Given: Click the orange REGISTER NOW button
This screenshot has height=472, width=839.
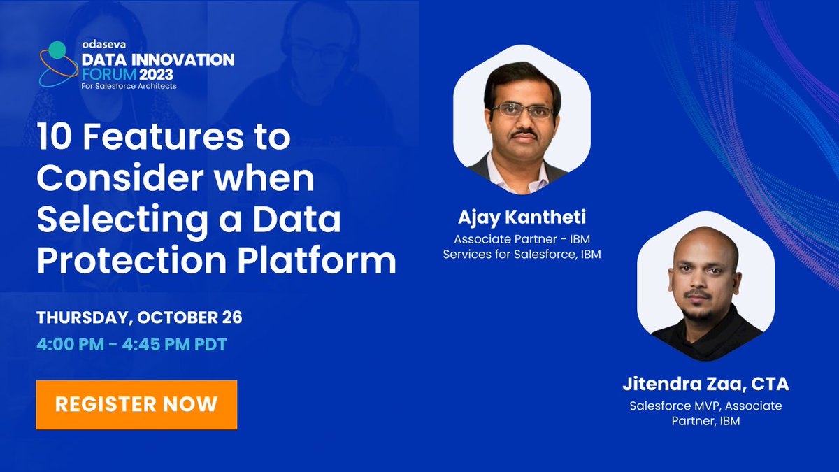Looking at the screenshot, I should pos(136,404).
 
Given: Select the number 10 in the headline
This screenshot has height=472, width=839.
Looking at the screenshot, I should pos(53,137).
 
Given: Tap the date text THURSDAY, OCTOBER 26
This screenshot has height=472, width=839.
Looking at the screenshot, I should pos(139,317).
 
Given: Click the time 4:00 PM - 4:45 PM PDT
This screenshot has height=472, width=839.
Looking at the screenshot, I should pos(131,345).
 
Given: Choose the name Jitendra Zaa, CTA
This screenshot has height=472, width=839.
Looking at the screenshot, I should pos(705,385).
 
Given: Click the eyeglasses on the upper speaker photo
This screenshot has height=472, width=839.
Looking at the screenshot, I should pos(522,110).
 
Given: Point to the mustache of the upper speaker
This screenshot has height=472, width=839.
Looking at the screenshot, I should pos(524,133).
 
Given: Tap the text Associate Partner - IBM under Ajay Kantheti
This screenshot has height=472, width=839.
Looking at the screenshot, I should pos(522,239).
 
